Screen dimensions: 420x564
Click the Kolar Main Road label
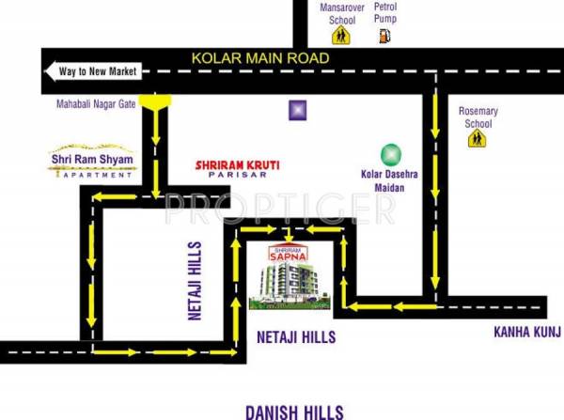[260, 58]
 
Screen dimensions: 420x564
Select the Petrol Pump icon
[384, 37]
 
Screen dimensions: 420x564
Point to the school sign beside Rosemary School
[478, 138]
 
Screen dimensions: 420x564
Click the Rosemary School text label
[478, 117]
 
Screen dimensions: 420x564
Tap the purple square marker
[297, 110]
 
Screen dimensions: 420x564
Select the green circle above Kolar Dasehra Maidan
[389, 153]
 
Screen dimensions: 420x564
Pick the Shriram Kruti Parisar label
[237, 166]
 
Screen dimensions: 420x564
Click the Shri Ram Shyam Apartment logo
[92, 162]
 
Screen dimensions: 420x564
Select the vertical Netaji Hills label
[196, 279]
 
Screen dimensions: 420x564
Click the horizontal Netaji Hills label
[297, 335]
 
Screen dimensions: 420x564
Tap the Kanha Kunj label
[527, 332]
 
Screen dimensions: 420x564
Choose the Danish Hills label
[294, 411]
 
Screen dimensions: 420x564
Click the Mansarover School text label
[337, 13]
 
